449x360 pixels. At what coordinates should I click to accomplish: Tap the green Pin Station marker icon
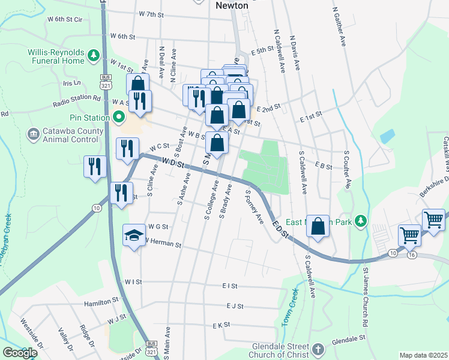point(118,116)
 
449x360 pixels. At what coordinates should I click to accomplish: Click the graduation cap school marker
point(134,235)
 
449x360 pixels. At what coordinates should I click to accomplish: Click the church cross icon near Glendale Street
point(318,349)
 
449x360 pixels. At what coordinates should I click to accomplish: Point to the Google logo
point(20,353)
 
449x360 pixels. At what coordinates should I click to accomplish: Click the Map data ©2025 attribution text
point(423,355)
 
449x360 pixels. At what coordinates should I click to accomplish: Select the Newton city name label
point(231,5)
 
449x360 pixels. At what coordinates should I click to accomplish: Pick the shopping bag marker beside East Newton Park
point(318,227)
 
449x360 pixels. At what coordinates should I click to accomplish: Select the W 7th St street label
point(151,14)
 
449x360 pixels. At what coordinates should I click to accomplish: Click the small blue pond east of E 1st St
point(387,135)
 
